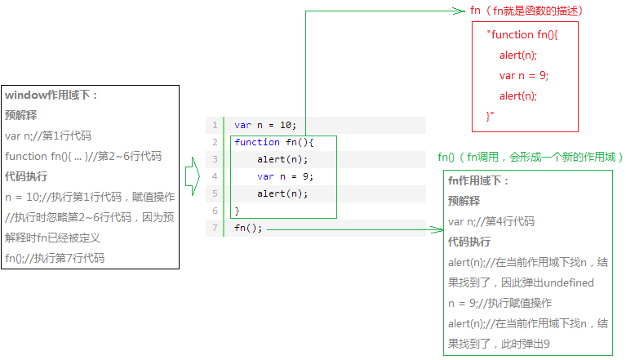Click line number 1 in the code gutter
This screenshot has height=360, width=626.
215,125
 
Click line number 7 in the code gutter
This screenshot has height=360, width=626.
215,228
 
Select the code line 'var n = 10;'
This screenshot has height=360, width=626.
265,125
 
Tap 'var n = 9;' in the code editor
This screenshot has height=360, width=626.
285,176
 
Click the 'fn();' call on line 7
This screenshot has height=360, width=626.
248,228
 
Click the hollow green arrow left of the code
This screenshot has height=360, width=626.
192,176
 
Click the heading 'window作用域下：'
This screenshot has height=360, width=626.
51,95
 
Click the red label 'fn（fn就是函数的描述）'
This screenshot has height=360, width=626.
527,11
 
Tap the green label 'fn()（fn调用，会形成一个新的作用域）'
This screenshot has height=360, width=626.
531,157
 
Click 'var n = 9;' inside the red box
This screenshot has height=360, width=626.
524,75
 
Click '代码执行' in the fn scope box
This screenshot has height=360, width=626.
469,242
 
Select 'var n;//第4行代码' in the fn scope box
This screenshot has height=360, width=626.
491,221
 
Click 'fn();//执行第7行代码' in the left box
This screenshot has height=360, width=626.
55,258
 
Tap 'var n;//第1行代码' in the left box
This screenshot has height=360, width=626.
48,136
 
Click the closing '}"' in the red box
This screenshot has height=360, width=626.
491,116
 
